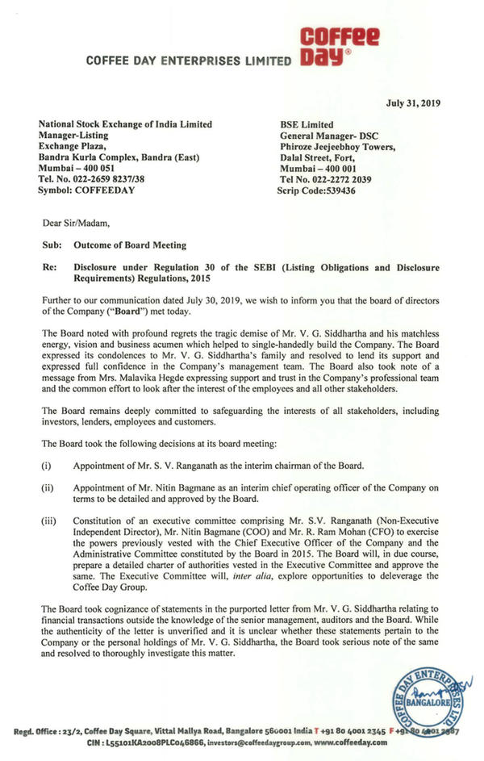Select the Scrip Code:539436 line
pyautogui.click(x=315, y=191)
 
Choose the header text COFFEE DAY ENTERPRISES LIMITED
pyautogui.click(x=188, y=61)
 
